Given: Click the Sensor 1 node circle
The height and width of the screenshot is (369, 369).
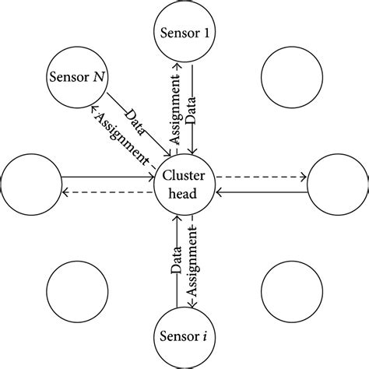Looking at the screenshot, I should pyautogui.click(x=184, y=32).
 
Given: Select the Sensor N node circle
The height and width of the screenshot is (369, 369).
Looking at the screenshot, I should pyautogui.click(x=78, y=78).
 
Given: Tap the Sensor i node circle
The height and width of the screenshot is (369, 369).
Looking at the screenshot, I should pyautogui.click(x=184, y=337).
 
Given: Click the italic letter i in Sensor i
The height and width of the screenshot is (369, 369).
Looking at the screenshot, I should pyautogui.click(x=204, y=337).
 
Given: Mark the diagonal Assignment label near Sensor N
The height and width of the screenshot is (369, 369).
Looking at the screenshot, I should pyautogui.click(x=121, y=137).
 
